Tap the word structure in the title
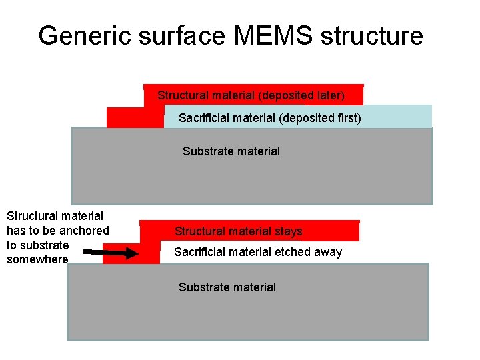pyautogui.click(x=371, y=35)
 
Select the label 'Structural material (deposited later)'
pyautogui.click(x=251, y=95)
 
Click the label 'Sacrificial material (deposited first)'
pyautogui.click(x=270, y=118)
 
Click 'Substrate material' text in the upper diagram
pyautogui.click(x=231, y=151)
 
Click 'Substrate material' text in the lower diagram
pyautogui.click(x=227, y=287)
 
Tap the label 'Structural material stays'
pyautogui.click(x=238, y=231)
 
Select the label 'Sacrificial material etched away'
pyautogui.click(x=258, y=252)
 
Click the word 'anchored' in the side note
pyautogui.click(x=85, y=231)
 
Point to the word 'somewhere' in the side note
pyautogui.click(x=37, y=259)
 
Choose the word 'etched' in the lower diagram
pyautogui.click(x=291, y=252)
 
